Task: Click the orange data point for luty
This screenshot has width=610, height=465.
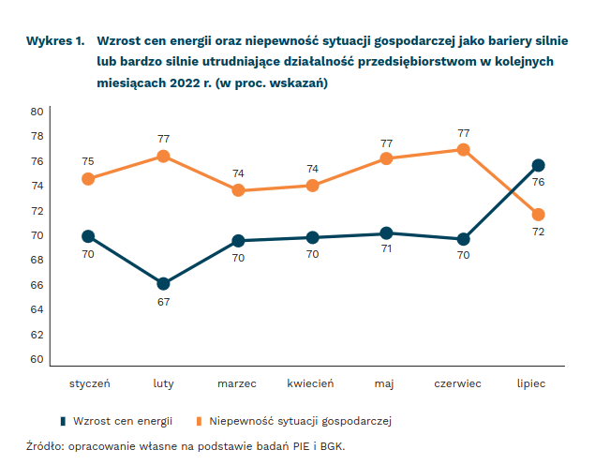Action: pos(163,157)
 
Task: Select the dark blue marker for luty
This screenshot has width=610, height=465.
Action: pos(163,283)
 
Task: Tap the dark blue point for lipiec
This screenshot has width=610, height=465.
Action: pos(538,165)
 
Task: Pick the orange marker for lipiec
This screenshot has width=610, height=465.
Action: pos(538,215)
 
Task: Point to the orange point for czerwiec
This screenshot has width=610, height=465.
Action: pos(463,150)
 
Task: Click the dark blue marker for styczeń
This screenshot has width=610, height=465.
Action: pos(88,236)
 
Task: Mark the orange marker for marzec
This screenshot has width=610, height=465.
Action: pos(238,190)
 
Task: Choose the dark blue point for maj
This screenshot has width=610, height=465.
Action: pos(388,233)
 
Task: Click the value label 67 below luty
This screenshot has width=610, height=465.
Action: pos(163,301)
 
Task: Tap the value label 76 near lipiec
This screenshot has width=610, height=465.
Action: pos(538,182)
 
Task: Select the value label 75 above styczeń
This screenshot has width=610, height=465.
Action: pos(88,161)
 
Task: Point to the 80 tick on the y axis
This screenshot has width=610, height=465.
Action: pos(37,112)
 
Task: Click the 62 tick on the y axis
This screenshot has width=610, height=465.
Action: pos(37,335)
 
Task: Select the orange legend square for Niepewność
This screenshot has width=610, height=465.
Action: pos(200,420)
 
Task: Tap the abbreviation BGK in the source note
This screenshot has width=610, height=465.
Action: pos(330,445)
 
